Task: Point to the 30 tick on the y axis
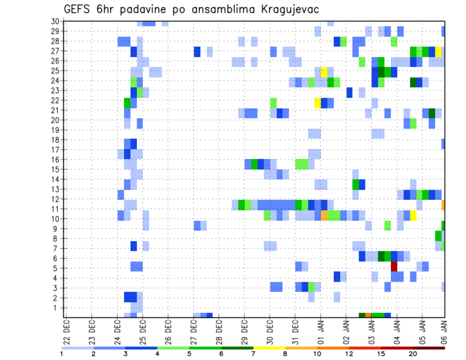(55, 21)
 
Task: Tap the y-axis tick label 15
(55, 169)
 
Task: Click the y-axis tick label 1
(56, 308)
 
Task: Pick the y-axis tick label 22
(55, 100)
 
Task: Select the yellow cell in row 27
(438, 51)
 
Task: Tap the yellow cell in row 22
(317, 103)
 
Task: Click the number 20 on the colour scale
(413, 354)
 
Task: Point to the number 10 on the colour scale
(317, 354)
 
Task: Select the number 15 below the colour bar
(381, 354)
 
